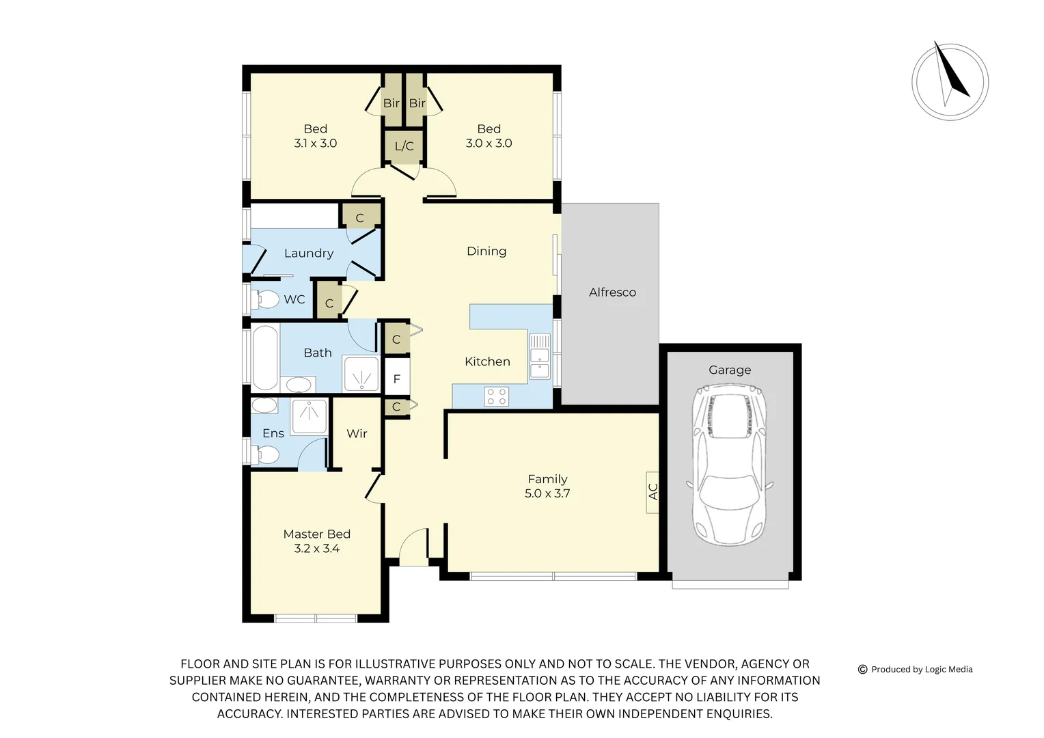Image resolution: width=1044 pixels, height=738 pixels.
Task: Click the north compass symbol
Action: click(x=950, y=82)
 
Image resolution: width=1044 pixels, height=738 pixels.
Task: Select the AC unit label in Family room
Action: click(x=652, y=491)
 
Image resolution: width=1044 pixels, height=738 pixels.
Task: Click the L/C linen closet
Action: click(x=404, y=146)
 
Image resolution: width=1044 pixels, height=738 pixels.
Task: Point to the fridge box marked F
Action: click(x=397, y=379)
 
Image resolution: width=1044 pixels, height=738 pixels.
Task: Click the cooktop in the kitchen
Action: click(x=496, y=396)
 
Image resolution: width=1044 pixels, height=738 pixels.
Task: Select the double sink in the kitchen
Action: click(x=540, y=355)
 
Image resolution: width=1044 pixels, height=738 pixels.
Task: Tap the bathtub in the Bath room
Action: click(x=265, y=357)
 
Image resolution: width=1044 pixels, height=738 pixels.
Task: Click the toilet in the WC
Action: click(x=265, y=299)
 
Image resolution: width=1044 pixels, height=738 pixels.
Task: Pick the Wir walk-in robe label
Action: click(x=357, y=433)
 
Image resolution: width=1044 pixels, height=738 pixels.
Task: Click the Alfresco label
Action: click(x=612, y=292)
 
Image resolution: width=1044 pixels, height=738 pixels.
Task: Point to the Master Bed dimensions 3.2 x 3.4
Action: click(x=316, y=549)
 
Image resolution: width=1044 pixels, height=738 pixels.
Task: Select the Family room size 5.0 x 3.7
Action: click(x=547, y=493)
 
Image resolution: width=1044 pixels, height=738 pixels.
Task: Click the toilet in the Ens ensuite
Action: click(x=265, y=454)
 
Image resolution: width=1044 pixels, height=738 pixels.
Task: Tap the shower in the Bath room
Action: click(x=361, y=374)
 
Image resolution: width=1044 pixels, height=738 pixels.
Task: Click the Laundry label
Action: click(x=309, y=253)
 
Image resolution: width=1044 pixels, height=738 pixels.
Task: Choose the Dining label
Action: click(x=486, y=251)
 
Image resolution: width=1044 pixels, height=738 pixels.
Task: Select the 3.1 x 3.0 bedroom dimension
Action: click(x=315, y=143)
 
